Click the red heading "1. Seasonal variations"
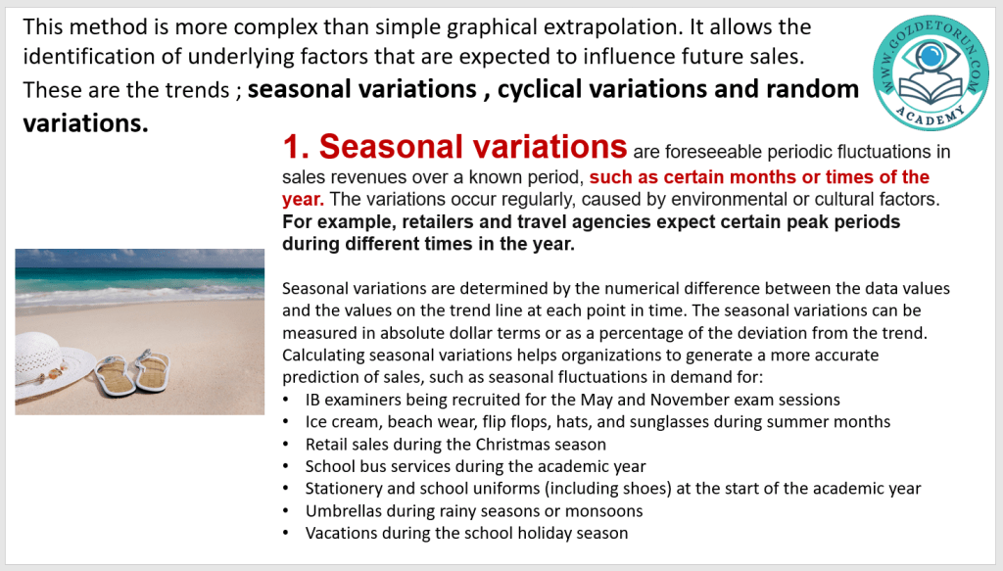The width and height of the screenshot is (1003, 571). pyautogui.click(x=454, y=147)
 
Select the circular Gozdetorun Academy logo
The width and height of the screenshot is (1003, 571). pyautogui.click(x=931, y=72)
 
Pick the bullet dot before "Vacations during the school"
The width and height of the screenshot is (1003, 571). pyautogui.click(x=286, y=533)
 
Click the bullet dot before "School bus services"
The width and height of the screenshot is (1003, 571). pyautogui.click(x=286, y=467)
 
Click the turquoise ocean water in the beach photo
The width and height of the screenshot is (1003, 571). pyautogui.click(x=139, y=279)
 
